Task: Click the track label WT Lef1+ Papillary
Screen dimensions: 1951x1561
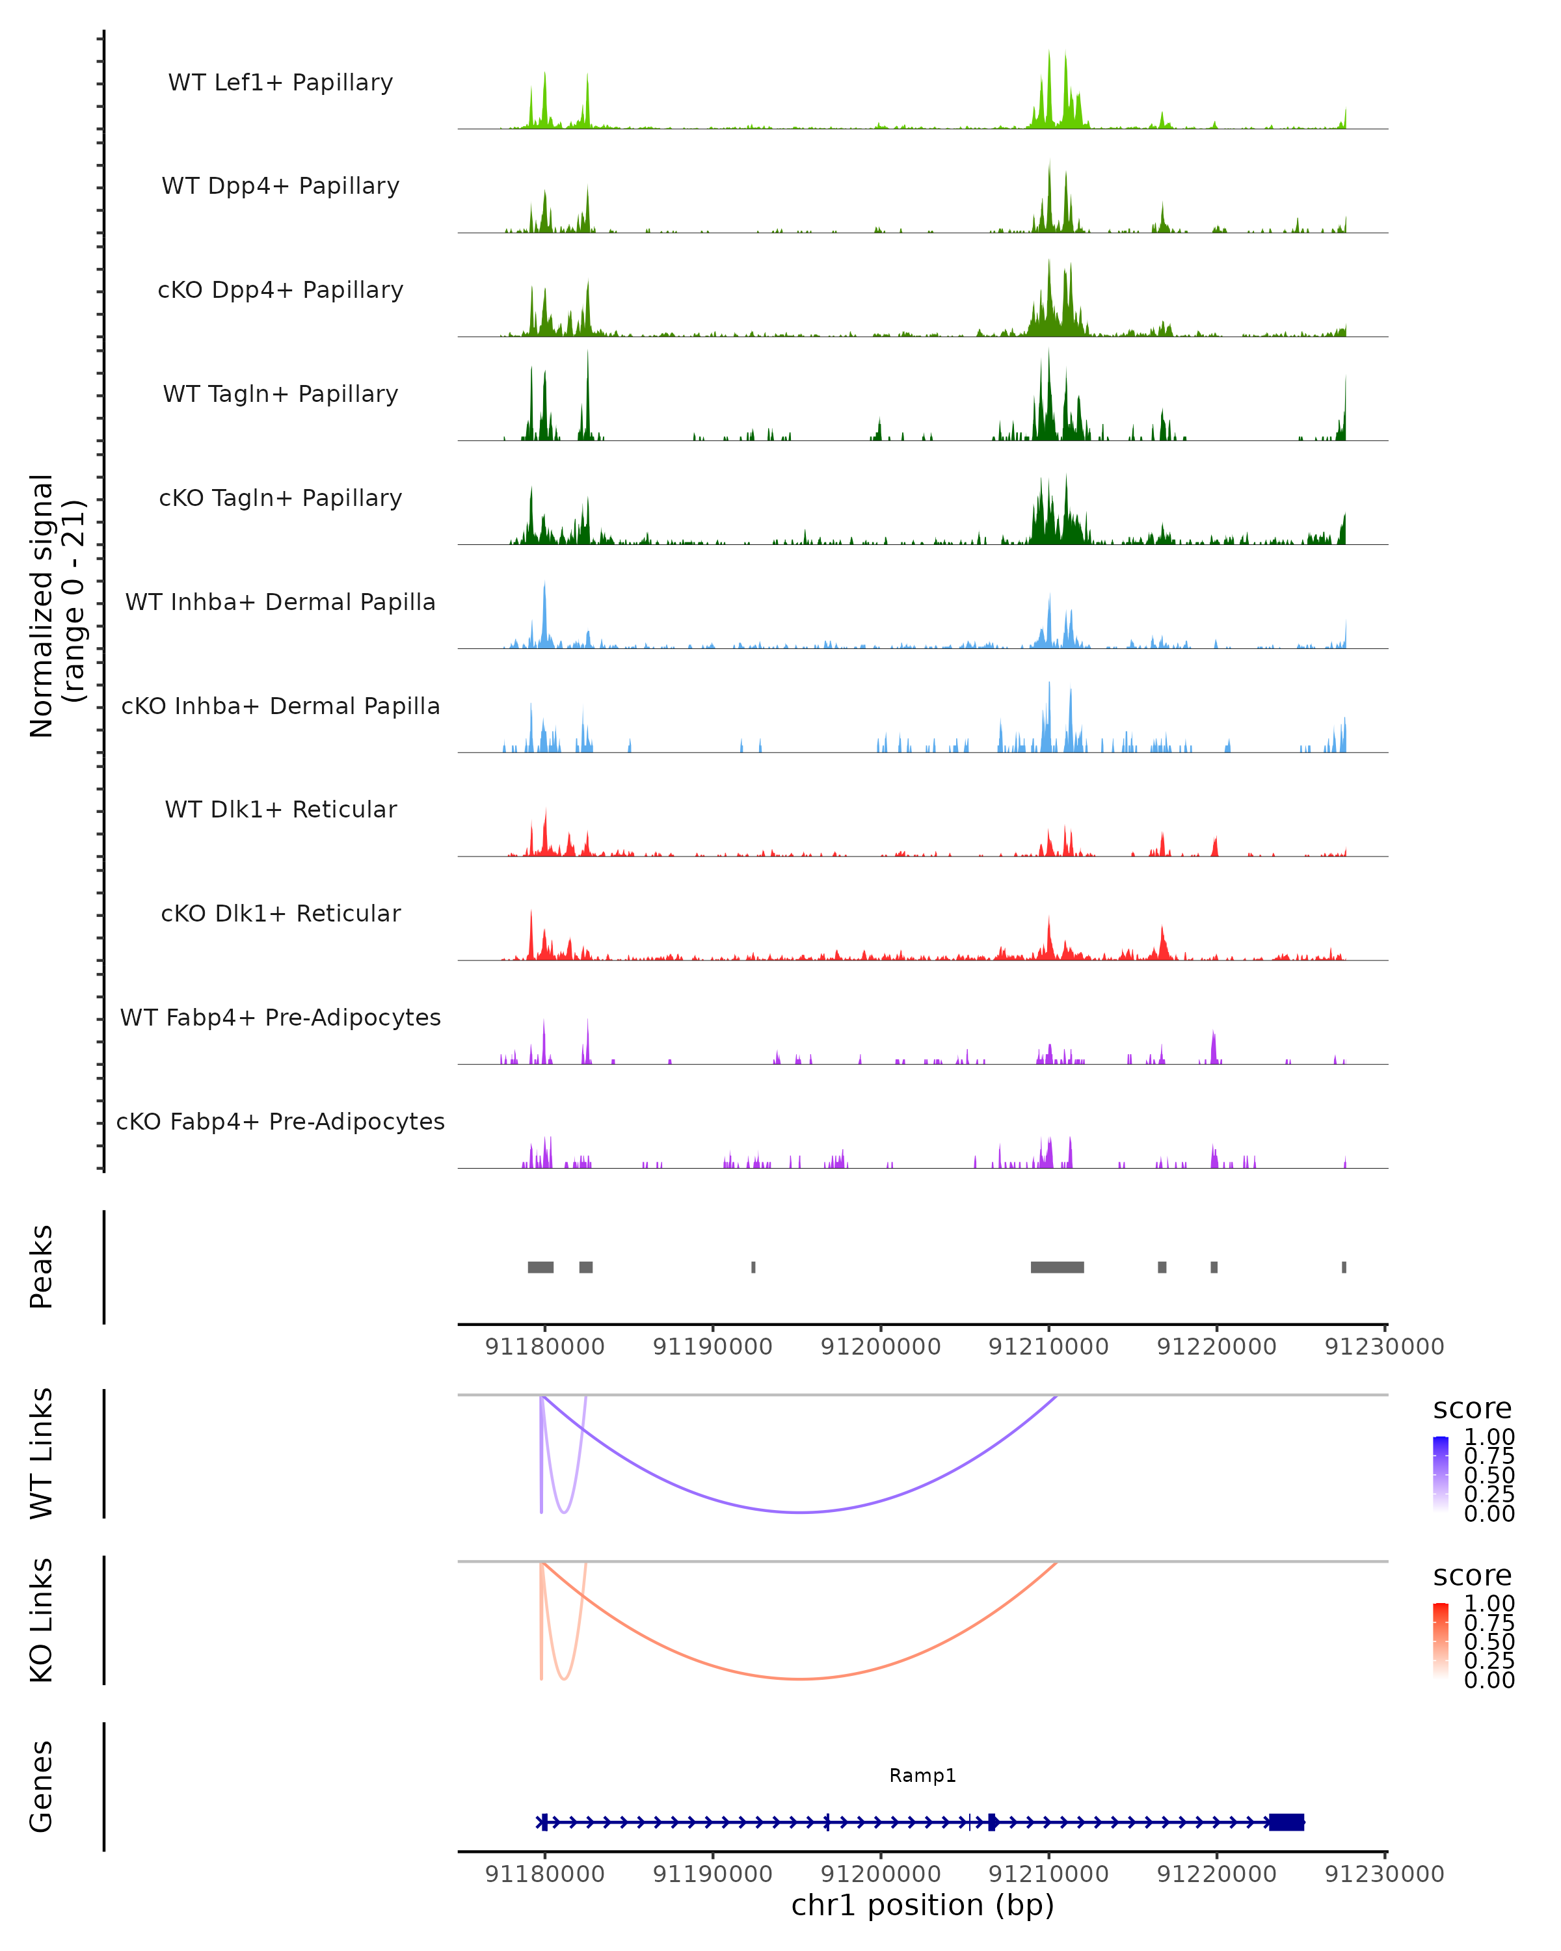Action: (x=280, y=83)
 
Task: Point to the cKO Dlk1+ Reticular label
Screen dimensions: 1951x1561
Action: (x=280, y=913)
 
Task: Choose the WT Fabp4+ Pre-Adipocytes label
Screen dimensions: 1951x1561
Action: (x=280, y=1017)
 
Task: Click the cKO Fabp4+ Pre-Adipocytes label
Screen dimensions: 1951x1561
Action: (x=280, y=1121)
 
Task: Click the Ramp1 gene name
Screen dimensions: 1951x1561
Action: (x=922, y=1775)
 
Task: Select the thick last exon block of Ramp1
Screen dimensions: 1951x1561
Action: (x=1286, y=1822)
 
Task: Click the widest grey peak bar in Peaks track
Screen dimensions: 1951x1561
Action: (x=1057, y=1267)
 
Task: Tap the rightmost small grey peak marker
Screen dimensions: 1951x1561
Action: (x=1344, y=1267)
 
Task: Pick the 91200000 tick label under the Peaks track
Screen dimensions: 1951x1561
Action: (x=881, y=1347)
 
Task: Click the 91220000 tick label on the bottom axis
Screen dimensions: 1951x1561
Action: (x=1216, y=1874)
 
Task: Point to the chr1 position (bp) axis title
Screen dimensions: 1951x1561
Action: (x=922, y=1905)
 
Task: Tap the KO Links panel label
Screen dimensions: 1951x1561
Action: (x=42, y=1620)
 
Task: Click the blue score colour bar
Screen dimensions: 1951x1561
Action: (x=1441, y=1474)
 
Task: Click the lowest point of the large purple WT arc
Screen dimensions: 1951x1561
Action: (x=800, y=1512)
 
